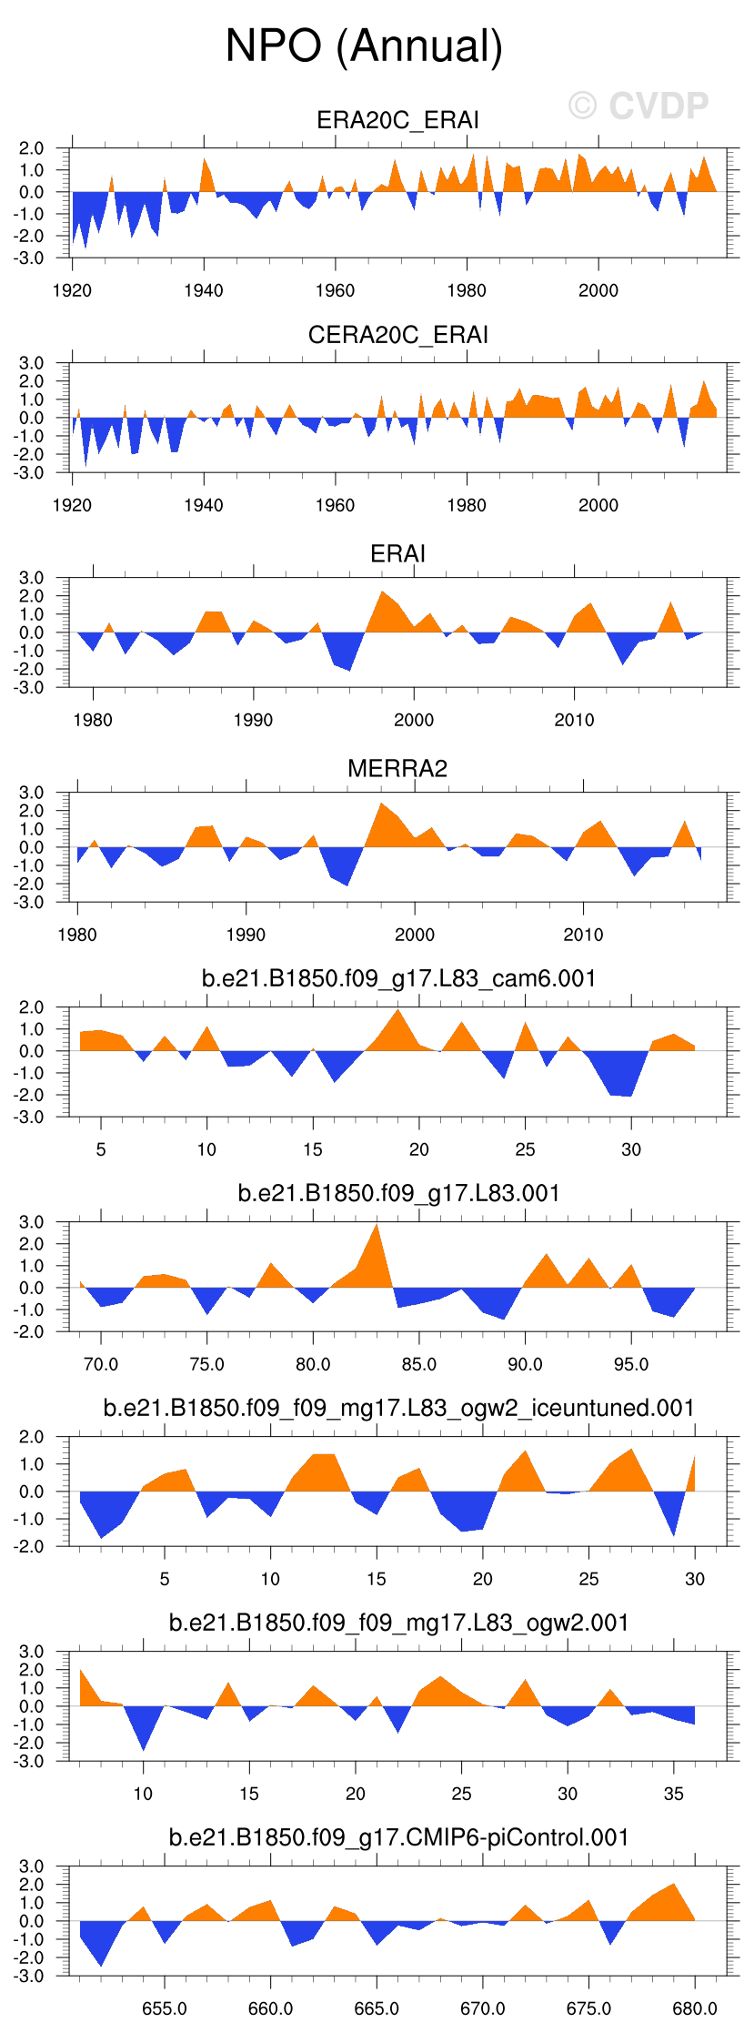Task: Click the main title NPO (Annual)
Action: tap(364, 46)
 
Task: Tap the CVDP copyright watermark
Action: tap(638, 106)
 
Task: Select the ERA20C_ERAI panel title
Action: tap(397, 120)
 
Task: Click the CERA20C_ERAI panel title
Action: tap(397, 335)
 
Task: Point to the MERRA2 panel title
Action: tap(397, 768)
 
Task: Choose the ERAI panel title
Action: tap(397, 553)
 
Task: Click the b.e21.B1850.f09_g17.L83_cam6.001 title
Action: tap(397, 978)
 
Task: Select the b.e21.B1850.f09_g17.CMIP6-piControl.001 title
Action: tap(397, 1837)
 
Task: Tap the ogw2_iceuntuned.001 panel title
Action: tap(397, 1408)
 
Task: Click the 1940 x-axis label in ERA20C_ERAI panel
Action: tap(203, 290)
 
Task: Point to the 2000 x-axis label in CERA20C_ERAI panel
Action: tap(598, 505)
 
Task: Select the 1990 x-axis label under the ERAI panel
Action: tap(253, 720)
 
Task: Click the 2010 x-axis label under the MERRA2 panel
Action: tap(583, 935)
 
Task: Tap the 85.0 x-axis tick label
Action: tap(418, 1364)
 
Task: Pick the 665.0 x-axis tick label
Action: tap(376, 2008)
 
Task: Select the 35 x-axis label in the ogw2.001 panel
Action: tap(673, 1794)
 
